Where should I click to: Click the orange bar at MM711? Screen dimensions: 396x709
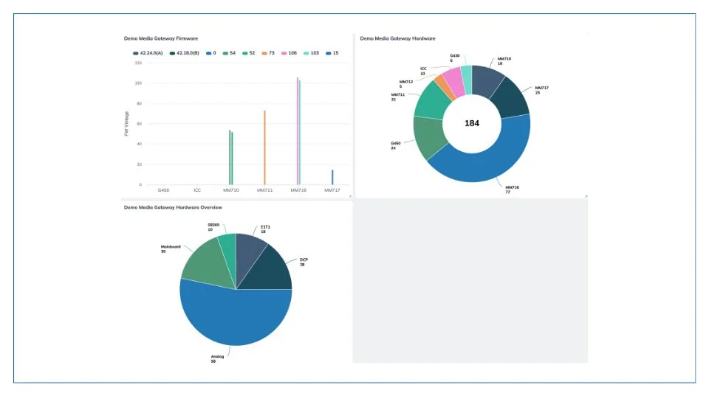click(264, 147)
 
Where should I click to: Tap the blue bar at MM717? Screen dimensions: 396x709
click(332, 177)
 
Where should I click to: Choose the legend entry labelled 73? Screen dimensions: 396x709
click(268, 53)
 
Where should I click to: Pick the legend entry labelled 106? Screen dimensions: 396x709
click(289, 53)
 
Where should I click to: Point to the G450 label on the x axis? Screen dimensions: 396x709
click(163, 190)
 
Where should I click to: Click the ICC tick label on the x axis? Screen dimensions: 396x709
click(197, 190)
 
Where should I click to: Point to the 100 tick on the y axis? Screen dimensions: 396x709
click(138, 83)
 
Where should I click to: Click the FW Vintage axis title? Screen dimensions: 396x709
click(126, 123)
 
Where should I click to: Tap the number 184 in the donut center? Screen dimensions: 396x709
click(472, 123)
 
